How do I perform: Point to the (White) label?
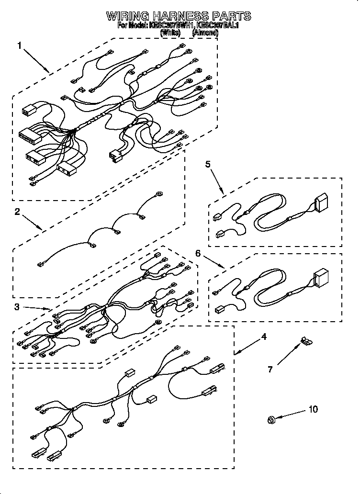tap(170, 33)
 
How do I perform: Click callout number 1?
tap(20, 46)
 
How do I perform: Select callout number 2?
tap(17, 212)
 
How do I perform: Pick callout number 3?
tap(17, 307)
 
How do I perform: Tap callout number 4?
tap(263, 337)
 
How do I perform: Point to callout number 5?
tap(208, 164)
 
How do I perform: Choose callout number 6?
tap(198, 253)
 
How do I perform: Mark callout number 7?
tap(270, 369)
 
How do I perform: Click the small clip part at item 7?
tap(304, 340)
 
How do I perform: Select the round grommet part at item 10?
tap(271, 420)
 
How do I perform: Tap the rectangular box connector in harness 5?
tap(320, 202)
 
